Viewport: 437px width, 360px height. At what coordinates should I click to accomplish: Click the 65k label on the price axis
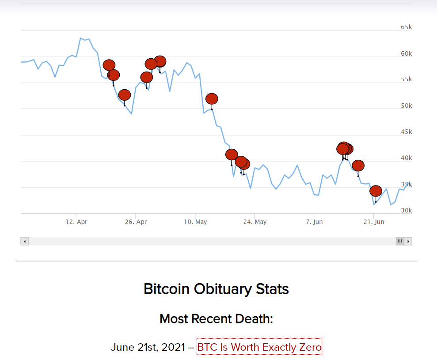[x=406, y=27]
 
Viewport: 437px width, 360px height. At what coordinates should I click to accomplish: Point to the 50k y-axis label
[x=406, y=106]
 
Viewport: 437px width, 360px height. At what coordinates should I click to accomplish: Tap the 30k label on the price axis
[x=406, y=210]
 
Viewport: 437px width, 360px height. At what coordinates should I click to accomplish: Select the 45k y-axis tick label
[x=406, y=132]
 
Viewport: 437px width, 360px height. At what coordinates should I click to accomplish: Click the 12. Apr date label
[x=76, y=222]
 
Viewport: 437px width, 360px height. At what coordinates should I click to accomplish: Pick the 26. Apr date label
[x=136, y=222]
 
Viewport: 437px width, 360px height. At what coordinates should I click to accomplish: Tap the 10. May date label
[x=195, y=222]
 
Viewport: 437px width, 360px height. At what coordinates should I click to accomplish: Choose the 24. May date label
[x=255, y=222]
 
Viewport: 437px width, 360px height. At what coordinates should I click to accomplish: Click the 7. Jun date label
[x=314, y=222]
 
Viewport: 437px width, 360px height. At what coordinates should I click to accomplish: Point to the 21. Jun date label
[x=374, y=222]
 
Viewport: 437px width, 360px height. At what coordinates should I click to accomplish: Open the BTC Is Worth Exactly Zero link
[x=259, y=347]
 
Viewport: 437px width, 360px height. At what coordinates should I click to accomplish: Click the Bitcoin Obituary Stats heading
[x=216, y=289]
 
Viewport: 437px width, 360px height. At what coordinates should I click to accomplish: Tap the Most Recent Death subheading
[x=216, y=318]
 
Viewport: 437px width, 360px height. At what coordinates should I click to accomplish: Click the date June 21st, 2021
[x=148, y=347]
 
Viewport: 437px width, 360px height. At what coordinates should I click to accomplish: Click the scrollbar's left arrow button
[x=25, y=241]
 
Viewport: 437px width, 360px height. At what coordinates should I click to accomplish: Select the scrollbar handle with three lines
[x=400, y=241]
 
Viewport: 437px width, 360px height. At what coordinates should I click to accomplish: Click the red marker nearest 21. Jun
[x=376, y=191]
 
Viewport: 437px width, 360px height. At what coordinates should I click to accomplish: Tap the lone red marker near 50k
[x=212, y=99]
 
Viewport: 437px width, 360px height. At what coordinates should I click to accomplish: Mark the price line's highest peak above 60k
[x=81, y=38]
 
